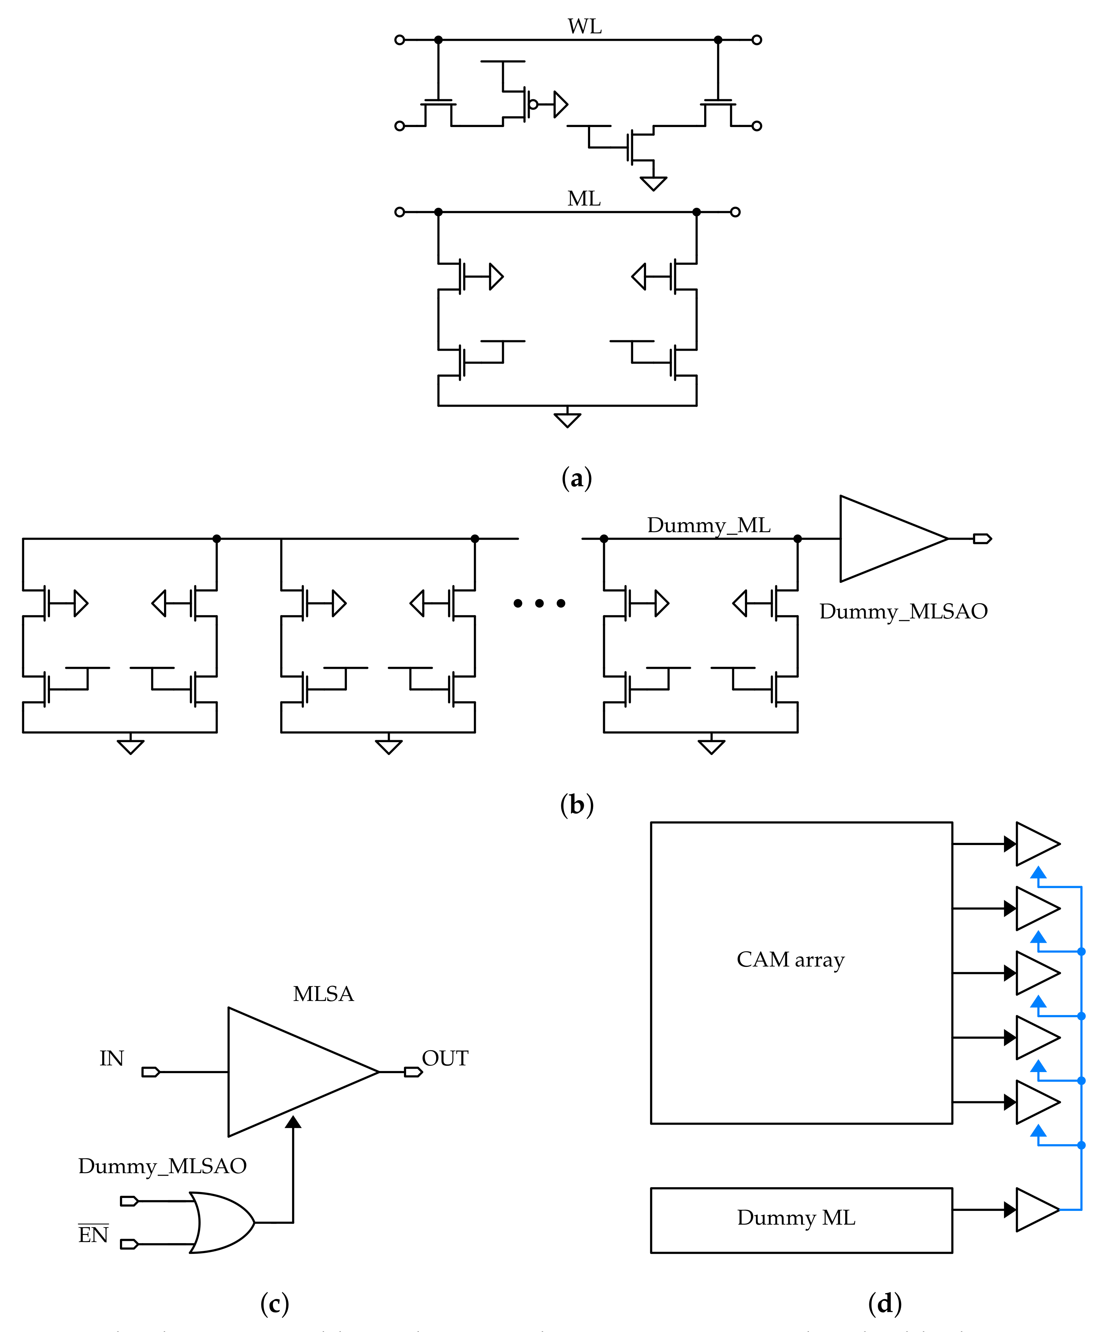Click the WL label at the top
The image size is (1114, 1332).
click(584, 27)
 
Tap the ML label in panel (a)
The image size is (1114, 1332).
click(583, 198)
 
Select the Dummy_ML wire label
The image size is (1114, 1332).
click(708, 525)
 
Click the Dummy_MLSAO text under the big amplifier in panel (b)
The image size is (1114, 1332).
click(903, 611)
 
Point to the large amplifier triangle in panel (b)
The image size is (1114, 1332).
click(884, 538)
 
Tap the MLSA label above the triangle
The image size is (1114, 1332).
click(323, 994)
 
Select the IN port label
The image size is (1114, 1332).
click(111, 1059)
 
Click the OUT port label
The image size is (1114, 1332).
click(445, 1059)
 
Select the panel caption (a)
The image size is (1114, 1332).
click(576, 478)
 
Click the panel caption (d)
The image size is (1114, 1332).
click(884, 1303)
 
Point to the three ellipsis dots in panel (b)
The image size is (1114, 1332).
click(539, 603)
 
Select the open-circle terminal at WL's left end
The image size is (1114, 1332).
click(399, 40)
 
